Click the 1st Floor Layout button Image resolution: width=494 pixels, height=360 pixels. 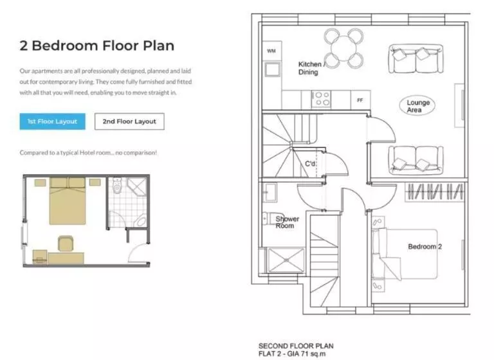click(x=52, y=122)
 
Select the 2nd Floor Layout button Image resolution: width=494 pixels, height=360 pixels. click(x=129, y=122)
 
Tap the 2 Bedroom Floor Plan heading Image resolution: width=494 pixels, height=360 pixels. click(x=97, y=46)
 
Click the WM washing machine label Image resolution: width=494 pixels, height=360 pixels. click(x=271, y=51)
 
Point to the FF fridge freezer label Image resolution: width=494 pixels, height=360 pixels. click(x=360, y=100)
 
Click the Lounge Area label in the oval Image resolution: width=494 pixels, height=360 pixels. click(x=417, y=106)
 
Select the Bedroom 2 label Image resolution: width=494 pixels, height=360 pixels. click(x=425, y=247)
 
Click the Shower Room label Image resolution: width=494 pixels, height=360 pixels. click(x=288, y=222)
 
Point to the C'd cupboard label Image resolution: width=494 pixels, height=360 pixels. click(x=310, y=164)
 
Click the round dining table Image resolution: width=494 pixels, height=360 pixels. click(x=343, y=48)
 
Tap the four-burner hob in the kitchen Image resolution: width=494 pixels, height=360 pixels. click(x=321, y=99)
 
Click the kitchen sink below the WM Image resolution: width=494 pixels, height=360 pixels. click(x=272, y=69)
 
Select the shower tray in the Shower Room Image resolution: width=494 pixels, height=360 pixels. click(x=286, y=260)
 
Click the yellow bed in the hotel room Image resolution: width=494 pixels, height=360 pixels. click(x=68, y=201)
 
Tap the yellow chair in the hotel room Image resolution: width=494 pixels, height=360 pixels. click(x=66, y=244)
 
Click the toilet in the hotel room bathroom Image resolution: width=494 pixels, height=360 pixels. click(x=117, y=186)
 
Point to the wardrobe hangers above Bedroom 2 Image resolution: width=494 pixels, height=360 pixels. click(x=435, y=192)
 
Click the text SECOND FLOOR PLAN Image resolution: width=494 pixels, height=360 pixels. click(x=296, y=346)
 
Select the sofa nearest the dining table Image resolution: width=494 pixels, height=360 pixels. click(x=416, y=59)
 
